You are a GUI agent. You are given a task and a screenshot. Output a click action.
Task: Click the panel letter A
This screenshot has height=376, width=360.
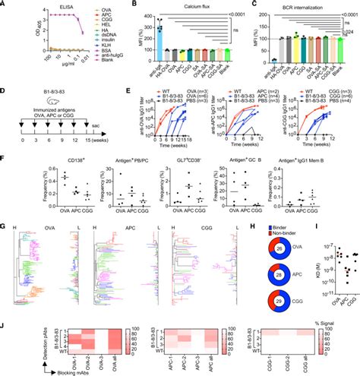(x=5, y=5)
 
